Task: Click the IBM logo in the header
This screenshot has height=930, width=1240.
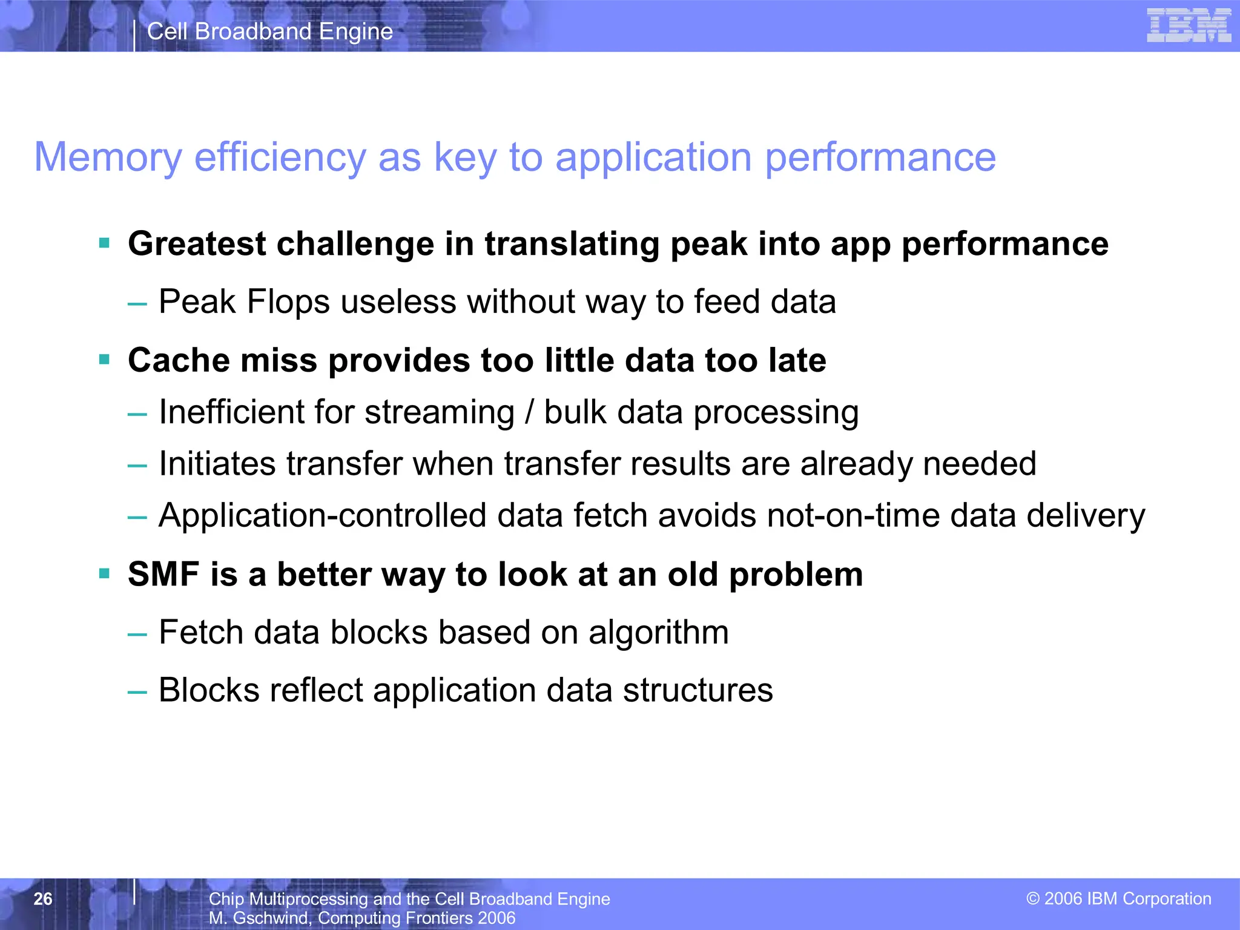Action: [x=1189, y=25]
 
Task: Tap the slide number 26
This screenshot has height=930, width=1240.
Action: [x=43, y=899]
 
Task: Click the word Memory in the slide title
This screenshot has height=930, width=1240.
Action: [x=108, y=157]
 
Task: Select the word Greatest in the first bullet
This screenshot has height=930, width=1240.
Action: [x=197, y=244]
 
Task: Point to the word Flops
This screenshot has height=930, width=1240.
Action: [x=288, y=302]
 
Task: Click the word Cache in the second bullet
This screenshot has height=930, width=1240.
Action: [x=179, y=360]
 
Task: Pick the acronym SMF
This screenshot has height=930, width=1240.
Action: [x=163, y=574]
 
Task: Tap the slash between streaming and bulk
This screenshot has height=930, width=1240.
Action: [x=530, y=412]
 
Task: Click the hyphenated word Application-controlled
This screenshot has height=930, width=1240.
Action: [x=322, y=516]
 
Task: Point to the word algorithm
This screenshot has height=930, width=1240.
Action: [x=658, y=633]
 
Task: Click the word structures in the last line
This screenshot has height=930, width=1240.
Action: [x=697, y=690]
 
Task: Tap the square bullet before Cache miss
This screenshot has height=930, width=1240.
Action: [x=104, y=360]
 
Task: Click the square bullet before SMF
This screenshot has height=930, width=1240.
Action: [x=104, y=574]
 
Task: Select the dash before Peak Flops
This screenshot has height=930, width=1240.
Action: [x=137, y=303]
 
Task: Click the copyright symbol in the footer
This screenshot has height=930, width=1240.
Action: [x=1033, y=899]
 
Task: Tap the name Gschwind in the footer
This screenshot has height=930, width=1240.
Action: [x=271, y=918]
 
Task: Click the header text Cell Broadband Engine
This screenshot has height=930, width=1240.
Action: [x=270, y=31]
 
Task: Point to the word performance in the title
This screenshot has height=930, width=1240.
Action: [x=880, y=157]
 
